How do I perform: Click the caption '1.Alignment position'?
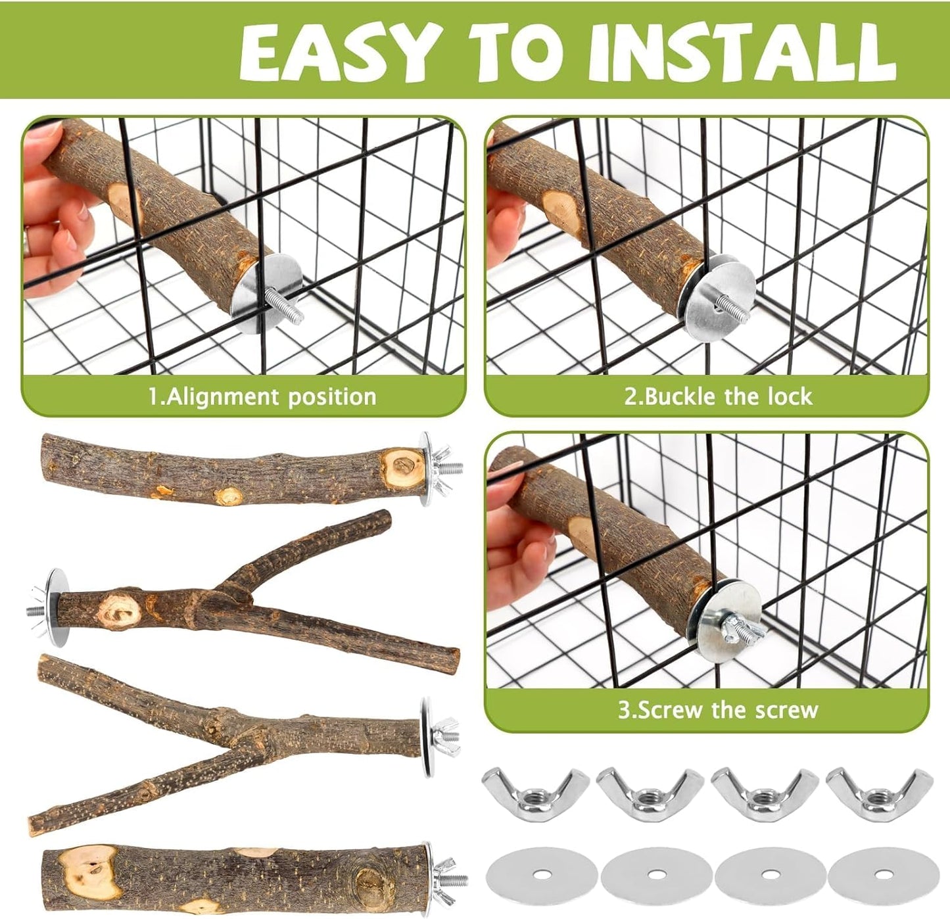[x=262, y=396]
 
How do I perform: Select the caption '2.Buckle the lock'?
[x=718, y=396]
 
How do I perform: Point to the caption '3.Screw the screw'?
[x=718, y=710]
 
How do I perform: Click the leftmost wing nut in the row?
[x=534, y=793]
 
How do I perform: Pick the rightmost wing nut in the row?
[x=879, y=794]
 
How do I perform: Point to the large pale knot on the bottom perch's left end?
[x=89, y=872]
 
